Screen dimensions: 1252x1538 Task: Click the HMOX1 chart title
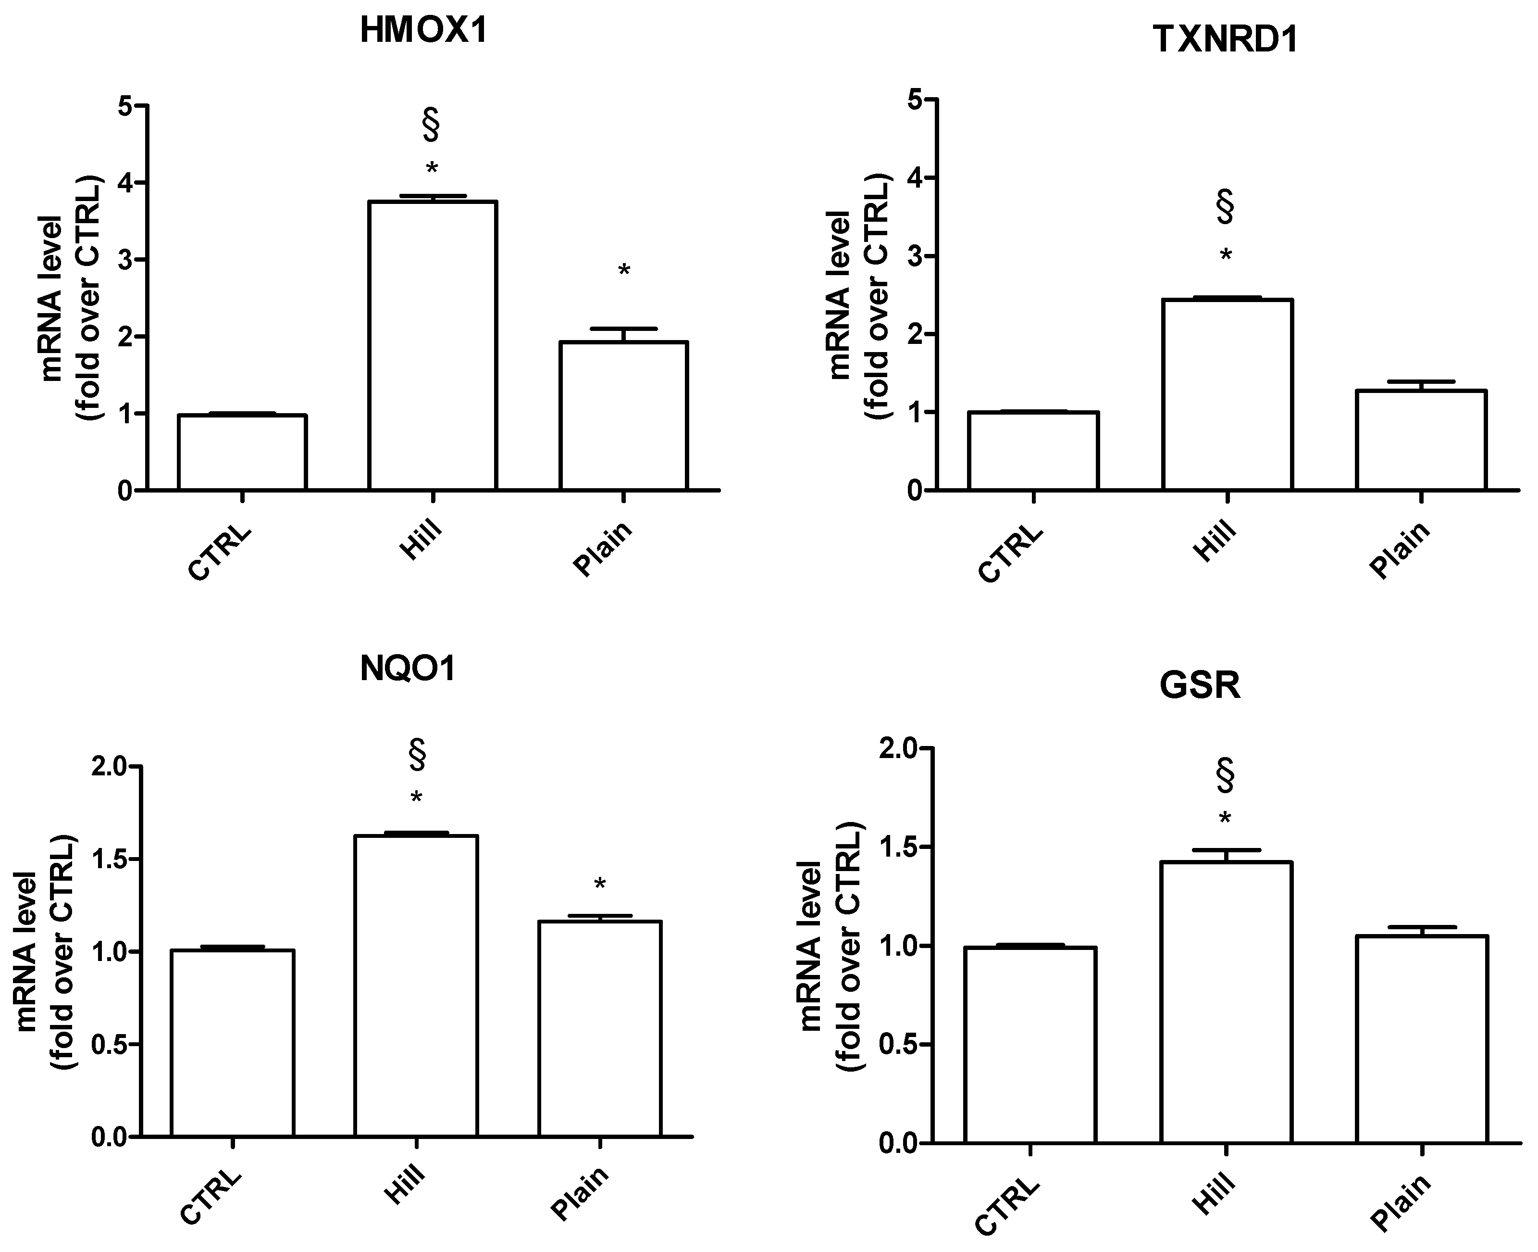coord(424,32)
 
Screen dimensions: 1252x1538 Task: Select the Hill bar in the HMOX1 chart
coord(433,346)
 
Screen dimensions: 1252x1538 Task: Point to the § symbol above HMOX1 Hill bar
coord(431,125)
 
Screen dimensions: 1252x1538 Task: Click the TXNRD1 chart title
coord(1225,39)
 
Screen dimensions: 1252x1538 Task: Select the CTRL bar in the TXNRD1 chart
coord(1033,451)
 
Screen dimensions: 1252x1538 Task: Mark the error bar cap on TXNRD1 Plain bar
coord(1421,381)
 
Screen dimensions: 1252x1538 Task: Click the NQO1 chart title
coord(408,669)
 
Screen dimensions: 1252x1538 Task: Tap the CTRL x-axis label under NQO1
coord(211,1198)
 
